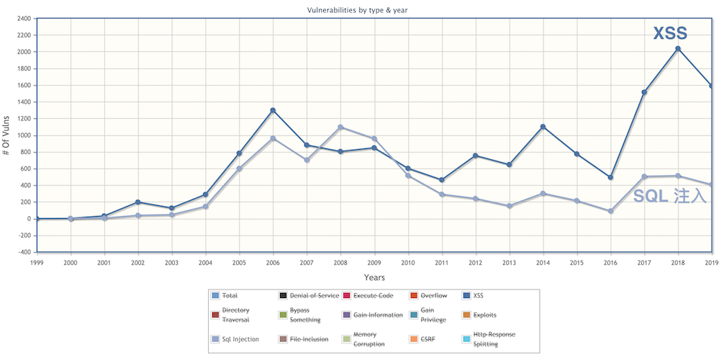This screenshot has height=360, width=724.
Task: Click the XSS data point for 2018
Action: pos(678,49)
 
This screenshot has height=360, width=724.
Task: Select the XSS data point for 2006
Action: pos(273,110)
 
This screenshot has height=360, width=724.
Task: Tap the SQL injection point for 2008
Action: pos(340,127)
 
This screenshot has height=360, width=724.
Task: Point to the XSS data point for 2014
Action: pos(543,127)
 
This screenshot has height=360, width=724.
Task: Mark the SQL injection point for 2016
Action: pos(610,211)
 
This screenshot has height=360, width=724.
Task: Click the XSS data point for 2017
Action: pos(644,92)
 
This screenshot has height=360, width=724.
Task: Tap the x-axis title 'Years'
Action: pos(374,277)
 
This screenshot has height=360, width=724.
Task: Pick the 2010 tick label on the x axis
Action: pos(408,263)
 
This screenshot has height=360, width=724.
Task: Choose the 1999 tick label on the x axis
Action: pos(37,263)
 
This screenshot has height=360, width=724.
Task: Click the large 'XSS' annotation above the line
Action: pos(670,33)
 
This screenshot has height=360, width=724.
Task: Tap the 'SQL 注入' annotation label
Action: pos(669,196)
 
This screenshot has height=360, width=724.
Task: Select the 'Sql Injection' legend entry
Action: pos(240,338)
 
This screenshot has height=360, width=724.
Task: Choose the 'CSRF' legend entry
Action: pos(440,338)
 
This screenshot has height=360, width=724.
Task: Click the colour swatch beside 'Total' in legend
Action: pos(214,295)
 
